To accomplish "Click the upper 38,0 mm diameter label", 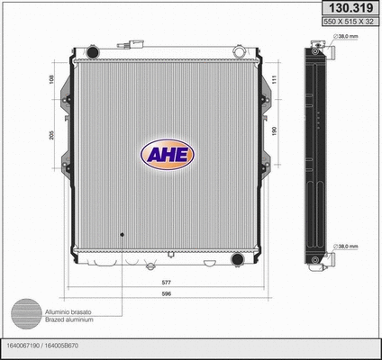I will pyautogui.click(x=346, y=37).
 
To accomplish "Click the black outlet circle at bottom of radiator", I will pyautogui.click(x=237, y=260).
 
